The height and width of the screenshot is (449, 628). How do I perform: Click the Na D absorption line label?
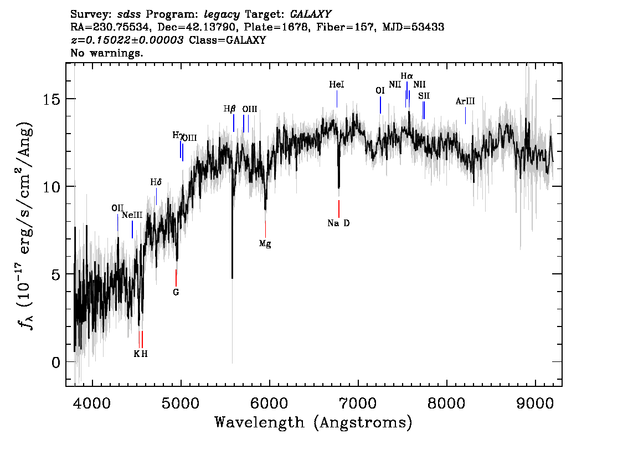point(338,223)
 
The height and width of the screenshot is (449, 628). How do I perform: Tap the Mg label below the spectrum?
point(265,243)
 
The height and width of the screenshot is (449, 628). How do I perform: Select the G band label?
point(176,292)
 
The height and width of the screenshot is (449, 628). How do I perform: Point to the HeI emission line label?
point(337,85)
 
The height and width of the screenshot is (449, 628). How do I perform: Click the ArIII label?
point(465,101)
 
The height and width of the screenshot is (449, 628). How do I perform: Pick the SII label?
point(424,96)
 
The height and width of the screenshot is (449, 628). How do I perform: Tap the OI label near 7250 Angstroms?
point(380,90)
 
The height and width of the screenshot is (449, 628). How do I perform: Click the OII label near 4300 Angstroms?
point(117,208)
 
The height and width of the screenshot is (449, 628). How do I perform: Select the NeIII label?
point(132,215)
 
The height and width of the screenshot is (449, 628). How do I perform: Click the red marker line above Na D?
point(339,209)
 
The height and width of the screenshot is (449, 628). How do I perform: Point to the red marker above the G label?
point(176,278)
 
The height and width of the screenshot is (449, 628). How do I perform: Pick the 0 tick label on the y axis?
point(54,362)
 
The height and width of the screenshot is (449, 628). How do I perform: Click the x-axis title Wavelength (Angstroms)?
point(313,423)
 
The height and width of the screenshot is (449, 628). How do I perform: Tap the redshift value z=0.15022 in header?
point(127,40)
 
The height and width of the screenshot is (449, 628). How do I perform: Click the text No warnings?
point(107,53)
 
